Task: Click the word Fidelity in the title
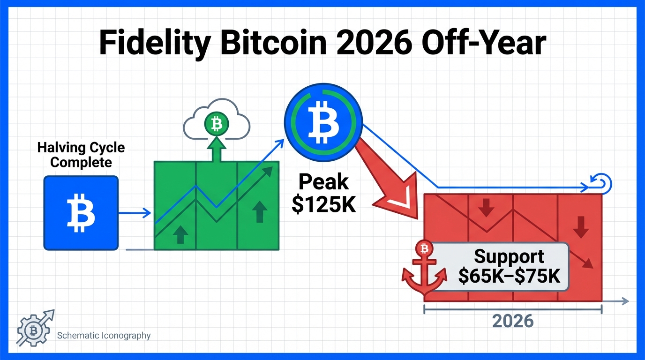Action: point(154,43)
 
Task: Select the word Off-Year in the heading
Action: point(484,43)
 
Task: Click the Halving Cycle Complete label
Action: point(81,155)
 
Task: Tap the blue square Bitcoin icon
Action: point(81,213)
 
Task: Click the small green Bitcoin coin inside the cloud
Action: point(217,124)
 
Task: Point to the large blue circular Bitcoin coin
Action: point(323,122)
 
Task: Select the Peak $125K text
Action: point(323,193)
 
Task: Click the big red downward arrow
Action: point(391,184)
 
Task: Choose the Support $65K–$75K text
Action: point(509,266)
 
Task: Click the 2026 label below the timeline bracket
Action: point(513,321)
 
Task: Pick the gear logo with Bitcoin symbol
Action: point(35,329)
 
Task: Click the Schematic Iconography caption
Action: point(104,336)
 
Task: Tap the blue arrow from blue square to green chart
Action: point(135,213)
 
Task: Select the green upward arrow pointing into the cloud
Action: point(216,149)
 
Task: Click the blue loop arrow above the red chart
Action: point(602,183)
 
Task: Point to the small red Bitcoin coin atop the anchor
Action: point(424,248)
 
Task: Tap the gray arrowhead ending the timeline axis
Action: point(625,301)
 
